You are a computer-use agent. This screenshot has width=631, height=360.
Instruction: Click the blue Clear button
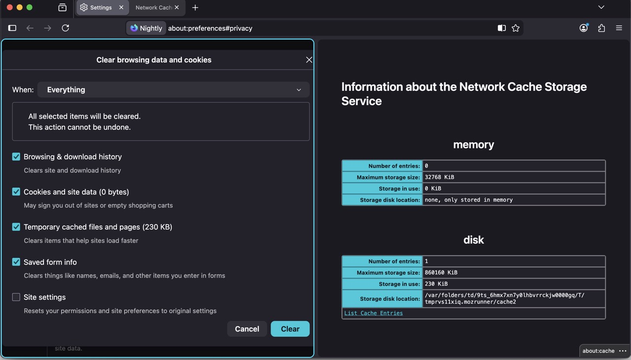pos(290,329)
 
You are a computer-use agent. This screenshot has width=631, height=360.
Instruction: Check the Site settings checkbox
pos(16,297)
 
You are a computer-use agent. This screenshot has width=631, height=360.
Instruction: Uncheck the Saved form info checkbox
pos(16,262)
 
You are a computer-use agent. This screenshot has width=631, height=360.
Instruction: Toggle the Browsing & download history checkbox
pos(16,157)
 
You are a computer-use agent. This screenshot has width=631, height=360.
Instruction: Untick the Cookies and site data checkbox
pos(16,192)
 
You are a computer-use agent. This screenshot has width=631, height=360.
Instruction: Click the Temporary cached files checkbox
pos(16,227)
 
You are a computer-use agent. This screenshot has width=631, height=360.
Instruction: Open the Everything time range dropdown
pos(173,90)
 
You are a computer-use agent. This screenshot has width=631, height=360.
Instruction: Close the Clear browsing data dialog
pos(309,60)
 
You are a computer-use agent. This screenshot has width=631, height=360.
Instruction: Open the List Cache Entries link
pos(373,313)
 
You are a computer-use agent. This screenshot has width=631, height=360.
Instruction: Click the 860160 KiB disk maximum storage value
pos(441,272)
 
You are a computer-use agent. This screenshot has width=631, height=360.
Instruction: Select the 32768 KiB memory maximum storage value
pos(439,177)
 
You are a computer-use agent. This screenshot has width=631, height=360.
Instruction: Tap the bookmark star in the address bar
pos(516,28)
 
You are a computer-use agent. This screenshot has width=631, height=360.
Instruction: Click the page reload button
pos(66,28)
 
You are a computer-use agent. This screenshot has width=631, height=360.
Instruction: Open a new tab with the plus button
pos(195,7)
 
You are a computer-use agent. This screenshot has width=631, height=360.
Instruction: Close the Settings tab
pos(121,7)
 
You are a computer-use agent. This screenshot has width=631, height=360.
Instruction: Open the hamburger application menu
pos(619,28)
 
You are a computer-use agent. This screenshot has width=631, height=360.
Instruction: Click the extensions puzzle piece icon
pos(601,28)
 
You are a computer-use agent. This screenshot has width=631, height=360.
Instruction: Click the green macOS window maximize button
pos(29,7)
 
